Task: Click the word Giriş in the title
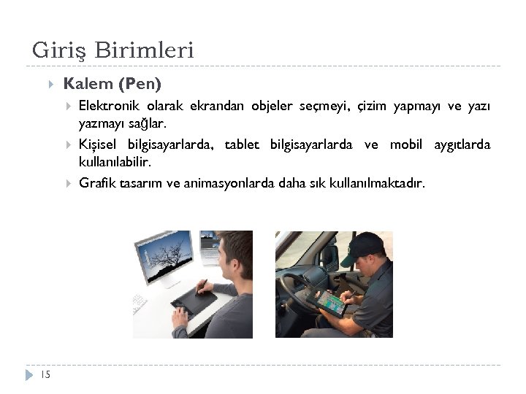56,51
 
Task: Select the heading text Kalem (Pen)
113,84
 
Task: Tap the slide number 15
45,374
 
